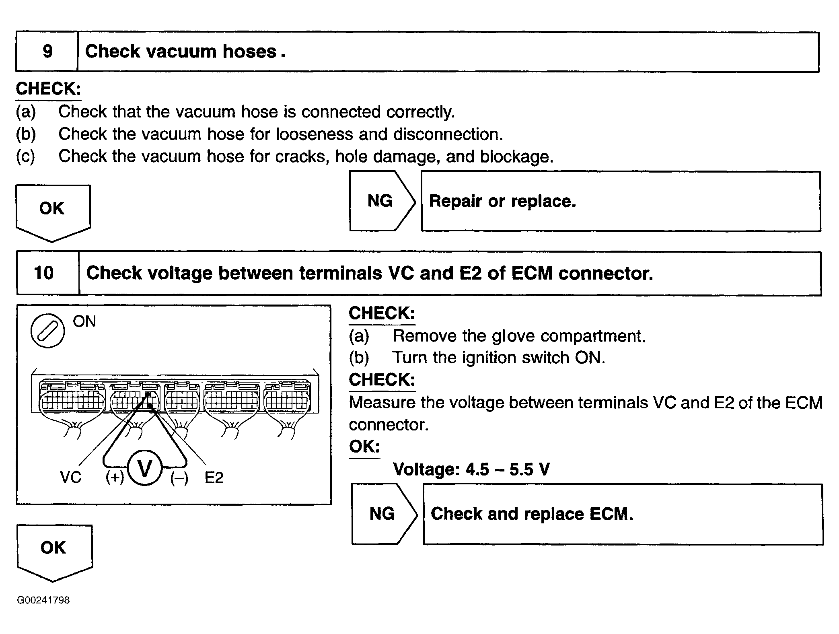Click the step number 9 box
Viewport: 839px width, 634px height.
(x=47, y=51)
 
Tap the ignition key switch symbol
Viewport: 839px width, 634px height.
(x=47, y=330)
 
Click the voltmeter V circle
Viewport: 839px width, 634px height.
(x=145, y=468)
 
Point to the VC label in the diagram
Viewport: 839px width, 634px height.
(x=70, y=478)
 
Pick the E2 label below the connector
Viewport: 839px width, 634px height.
(x=214, y=478)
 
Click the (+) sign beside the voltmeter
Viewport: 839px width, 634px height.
(x=115, y=478)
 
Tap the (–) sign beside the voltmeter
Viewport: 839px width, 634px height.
(x=179, y=478)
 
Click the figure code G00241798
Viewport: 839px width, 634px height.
(x=43, y=600)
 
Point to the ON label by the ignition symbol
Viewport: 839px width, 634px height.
(x=84, y=321)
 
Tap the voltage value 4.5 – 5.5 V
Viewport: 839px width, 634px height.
(x=507, y=469)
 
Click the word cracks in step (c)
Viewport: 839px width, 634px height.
(x=300, y=156)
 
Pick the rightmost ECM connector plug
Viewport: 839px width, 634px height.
(x=287, y=398)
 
